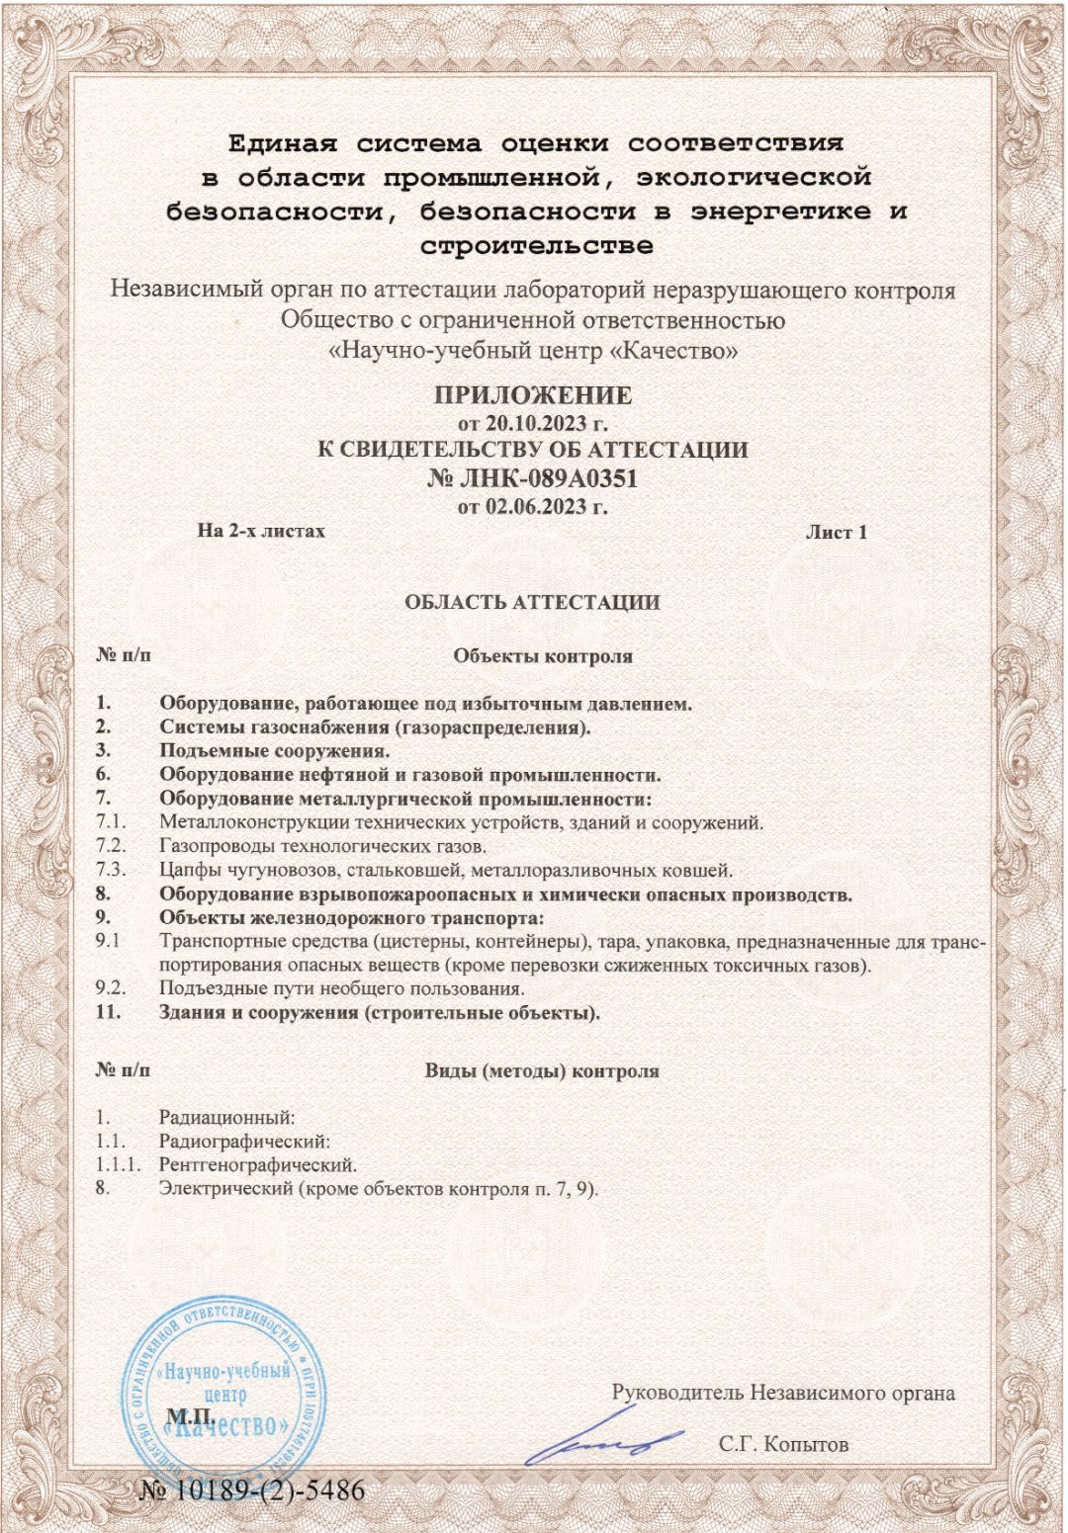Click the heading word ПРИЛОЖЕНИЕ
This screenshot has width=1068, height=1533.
(533, 395)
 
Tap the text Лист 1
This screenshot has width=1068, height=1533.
(836, 532)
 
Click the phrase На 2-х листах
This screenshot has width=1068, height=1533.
(261, 531)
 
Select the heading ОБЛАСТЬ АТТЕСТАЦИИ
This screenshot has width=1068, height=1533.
(532, 602)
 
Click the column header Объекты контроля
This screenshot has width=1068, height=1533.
(543, 656)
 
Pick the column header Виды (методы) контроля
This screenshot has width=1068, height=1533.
(542, 1071)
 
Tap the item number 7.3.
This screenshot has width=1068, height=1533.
(111, 871)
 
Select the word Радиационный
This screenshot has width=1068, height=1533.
(227, 1118)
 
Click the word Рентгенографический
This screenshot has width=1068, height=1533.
(257, 1164)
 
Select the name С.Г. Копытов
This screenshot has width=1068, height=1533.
(783, 1444)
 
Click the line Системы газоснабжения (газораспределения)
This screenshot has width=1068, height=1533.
(375, 728)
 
